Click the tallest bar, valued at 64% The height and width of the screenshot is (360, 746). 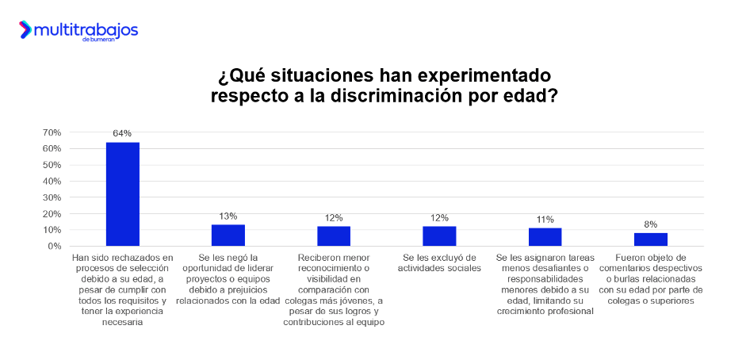tap(123, 194)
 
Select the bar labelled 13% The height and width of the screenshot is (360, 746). tap(228, 236)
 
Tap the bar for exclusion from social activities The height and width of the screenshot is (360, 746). tap(439, 236)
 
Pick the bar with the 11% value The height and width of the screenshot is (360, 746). tap(545, 237)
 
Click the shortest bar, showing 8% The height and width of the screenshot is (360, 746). tap(651, 239)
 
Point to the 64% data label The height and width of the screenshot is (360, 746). tap(122, 133)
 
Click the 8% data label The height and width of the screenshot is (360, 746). tap(651, 224)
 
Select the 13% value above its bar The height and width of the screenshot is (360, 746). tap(228, 216)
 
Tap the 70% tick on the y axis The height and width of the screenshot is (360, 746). tap(52, 132)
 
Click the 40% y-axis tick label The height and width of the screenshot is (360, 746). tap(52, 182)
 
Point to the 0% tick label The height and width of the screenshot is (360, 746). tap(54, 247)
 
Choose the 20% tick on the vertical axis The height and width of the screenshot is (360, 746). tap(52, 214)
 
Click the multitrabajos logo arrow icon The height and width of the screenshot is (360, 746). tap(25, 30)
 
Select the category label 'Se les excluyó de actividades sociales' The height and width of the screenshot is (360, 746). tap(439, 262)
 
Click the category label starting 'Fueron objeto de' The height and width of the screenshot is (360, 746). tap(651, 279)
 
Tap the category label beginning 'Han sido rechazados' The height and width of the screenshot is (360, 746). tap(122, 290)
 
